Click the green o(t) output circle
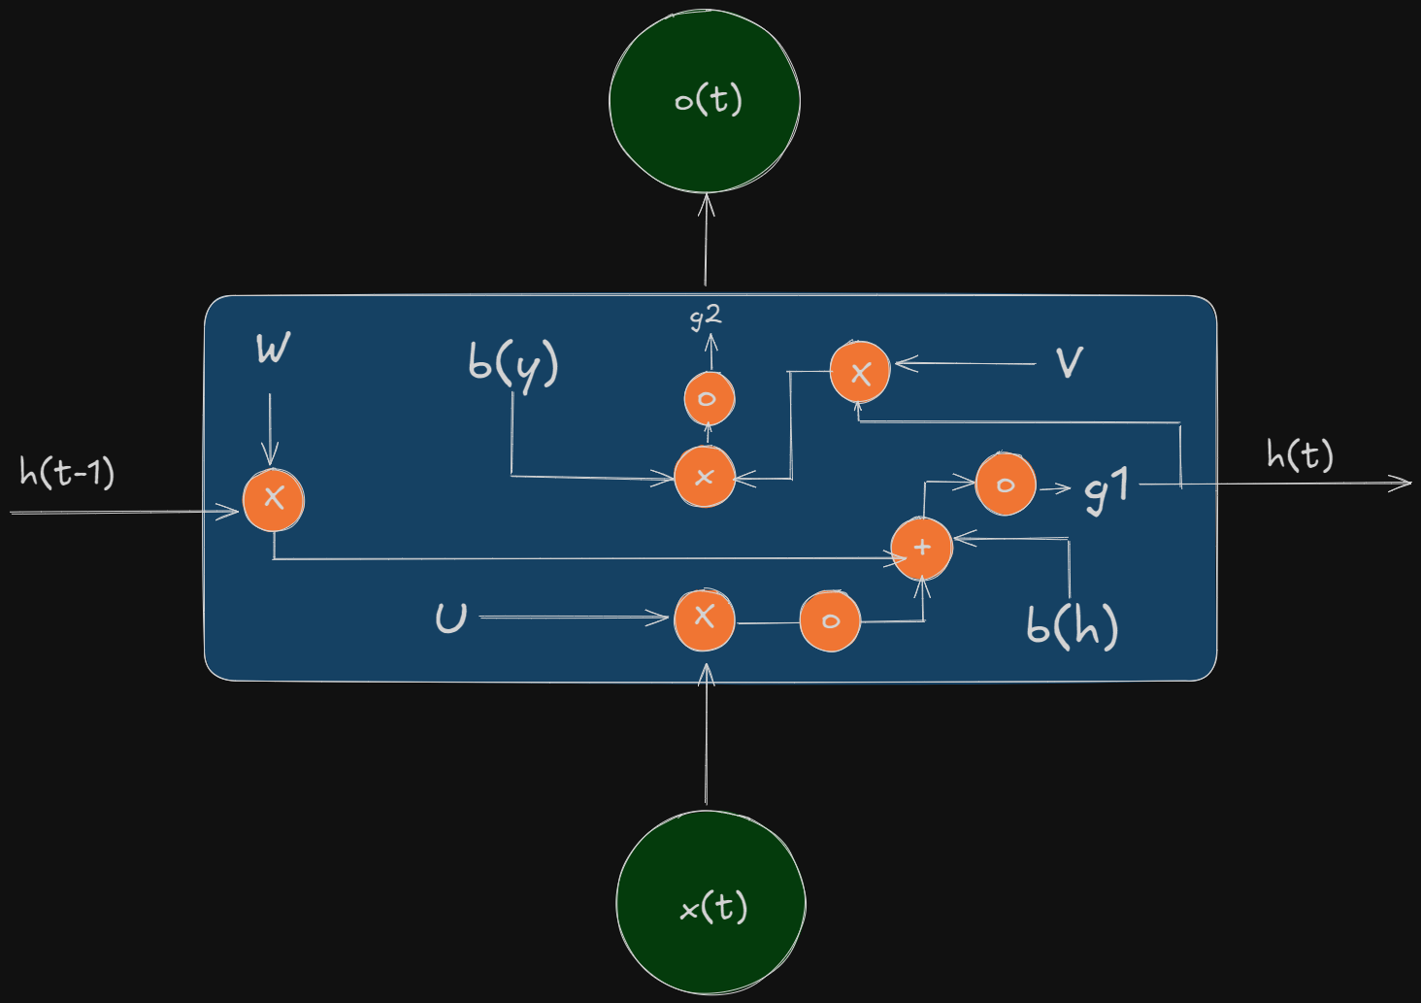click(x=704, y=100)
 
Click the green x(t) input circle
click(x=711, y=903)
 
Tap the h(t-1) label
click(x=67, y=472)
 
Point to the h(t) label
click(x=1300, y=454)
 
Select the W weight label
click(x=274, y=348)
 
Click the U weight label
click(x=451, y=618)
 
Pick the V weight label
click(x=1070, y=362)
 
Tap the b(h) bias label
click(x=1073, y=627)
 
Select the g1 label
click(x=1107, y=489)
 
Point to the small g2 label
click(x=706, y=318)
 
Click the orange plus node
click(x=922, y=549)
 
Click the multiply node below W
click(x=274, y=500)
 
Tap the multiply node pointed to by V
click(x=860, y=372)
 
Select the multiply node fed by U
click(x=705, y=619)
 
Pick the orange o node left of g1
click(x=1006, y=485)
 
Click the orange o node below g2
click(x=710, y=398)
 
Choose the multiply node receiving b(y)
click(x=705, y=477)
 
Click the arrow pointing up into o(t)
click(x=706, y=240)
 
